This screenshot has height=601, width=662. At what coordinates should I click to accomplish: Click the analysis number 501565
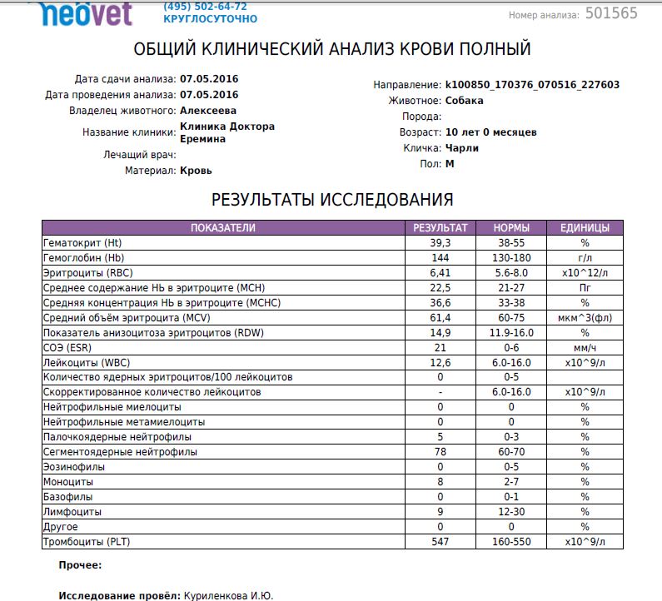point(611,13)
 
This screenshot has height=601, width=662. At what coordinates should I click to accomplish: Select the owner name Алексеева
point(208,110)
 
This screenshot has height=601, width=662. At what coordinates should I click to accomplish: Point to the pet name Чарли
point(462,148)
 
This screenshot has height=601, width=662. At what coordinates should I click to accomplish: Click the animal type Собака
point(465,101)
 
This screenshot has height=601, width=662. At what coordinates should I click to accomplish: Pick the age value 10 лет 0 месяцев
point(491,132)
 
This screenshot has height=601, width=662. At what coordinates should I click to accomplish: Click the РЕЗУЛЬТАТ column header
point(441,227)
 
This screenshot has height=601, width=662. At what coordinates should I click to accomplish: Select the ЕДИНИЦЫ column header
point(585,227)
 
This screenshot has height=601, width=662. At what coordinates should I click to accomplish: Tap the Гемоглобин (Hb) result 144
point(441,257)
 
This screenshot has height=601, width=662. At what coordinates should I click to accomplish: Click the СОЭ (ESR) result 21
point(441,347)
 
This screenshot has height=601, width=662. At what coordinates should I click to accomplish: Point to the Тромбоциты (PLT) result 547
point(441,542)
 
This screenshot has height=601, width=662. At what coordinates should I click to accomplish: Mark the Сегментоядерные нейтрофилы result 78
point(441,452)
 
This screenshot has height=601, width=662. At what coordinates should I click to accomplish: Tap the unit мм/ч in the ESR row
point(585,347)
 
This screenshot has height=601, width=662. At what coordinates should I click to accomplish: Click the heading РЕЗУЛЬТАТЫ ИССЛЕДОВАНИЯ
point(332,200)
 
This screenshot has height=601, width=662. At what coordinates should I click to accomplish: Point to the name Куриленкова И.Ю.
point(228,596)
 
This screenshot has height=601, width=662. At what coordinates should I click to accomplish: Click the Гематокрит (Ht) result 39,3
point(441,242)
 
